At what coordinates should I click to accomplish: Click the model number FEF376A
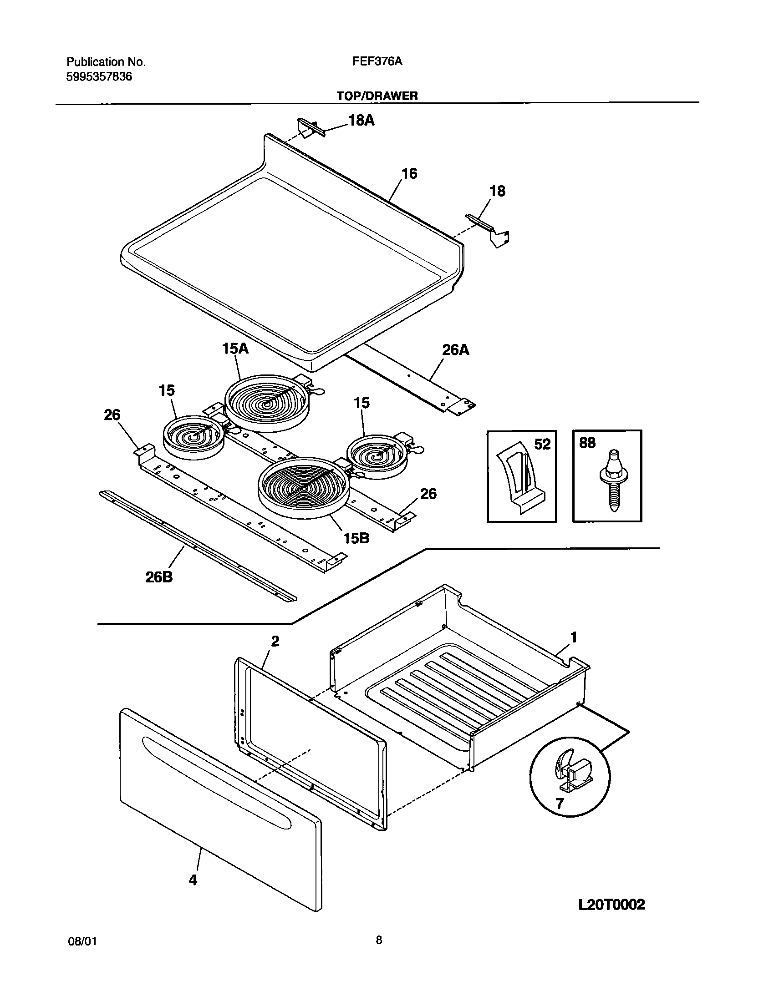click(x=377, y=61)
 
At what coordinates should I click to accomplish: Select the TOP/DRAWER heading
click(x=377, y=96)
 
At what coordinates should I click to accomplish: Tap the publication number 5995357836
click(x=99, y=76)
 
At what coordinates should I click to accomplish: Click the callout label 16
click(x=409, y=174)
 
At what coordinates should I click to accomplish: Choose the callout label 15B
click(x=356, y=538)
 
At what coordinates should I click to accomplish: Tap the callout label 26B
click(x=159, y=577)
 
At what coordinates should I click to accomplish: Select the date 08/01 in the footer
click(x=82, y=942)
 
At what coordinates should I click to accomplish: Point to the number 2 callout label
click(x=275, y=642)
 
